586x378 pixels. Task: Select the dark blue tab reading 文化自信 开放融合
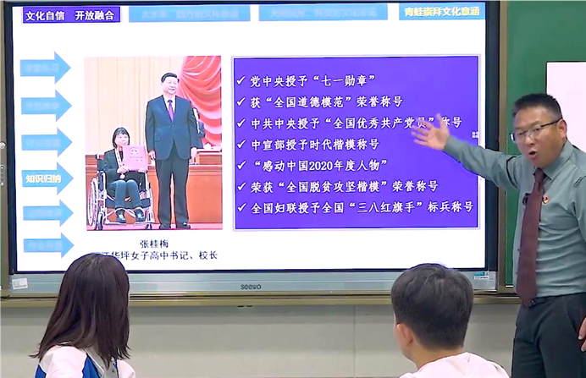coord(71,14)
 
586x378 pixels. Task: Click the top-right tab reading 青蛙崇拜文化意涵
coord(441,12)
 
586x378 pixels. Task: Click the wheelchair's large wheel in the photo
coord(97,205)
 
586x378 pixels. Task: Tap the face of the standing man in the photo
coord(170,86)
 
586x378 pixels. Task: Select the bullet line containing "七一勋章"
coord(312,81)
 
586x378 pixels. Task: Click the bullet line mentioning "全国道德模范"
coord(326,101)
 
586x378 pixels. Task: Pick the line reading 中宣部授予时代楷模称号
coord(314,144)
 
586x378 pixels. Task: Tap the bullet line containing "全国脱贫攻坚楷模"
coord(343,186)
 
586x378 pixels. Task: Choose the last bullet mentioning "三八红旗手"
coord(361,207)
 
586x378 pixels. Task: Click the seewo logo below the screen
coord(252,286)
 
